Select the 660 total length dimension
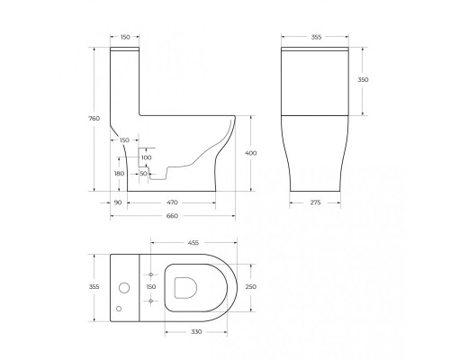tap(169, 216)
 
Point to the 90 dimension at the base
tap(117, 202)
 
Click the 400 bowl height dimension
tap(251, 154)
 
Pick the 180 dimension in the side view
tap(119, 174)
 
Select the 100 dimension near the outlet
tap(147, 157)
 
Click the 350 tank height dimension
tap(363, 79)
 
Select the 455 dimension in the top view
tap(194, 242)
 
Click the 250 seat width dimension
tap(251, 286)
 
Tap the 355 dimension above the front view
tap(316, 38)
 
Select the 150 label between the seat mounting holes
tap(151, 286)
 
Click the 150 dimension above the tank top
tap(124, 38)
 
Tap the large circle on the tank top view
tap(124, 287)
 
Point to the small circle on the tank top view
tap(118, 308)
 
